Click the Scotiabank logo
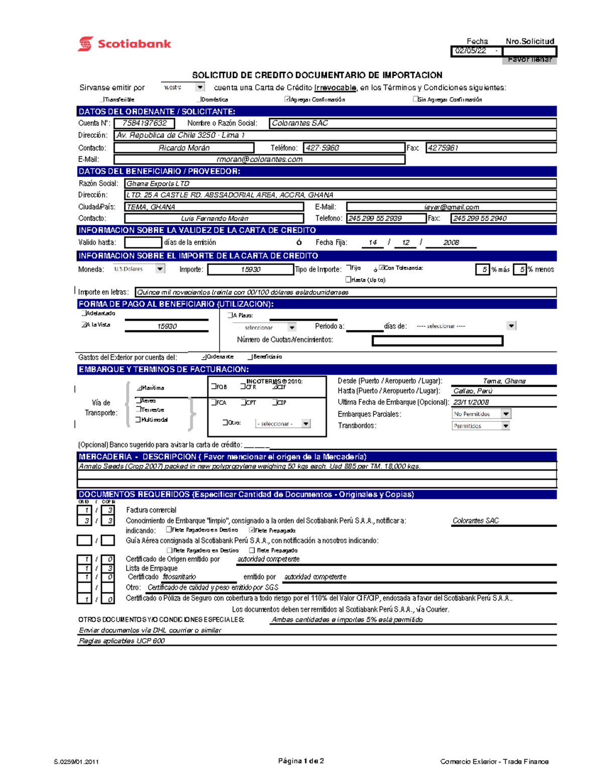(x=124, y=44)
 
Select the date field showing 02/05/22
(x=471, y=51)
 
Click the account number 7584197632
(x=144, y=123)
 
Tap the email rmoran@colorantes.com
(x=259, y=159)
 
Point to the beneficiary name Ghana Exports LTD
(x=158, y=184)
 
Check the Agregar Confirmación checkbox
(x=287, y=99)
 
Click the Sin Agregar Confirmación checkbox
(x=416, y=99)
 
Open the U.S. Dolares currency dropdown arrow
(x=160, y=269)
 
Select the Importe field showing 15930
(x=250, y=270)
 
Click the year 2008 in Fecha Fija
(x=451, y=242)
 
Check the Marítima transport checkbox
(x=139, y=388)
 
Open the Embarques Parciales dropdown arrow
(x=506, y=414)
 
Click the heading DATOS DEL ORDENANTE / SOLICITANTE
(x=157, y=112)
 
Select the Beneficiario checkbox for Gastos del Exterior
(x=250, y=357)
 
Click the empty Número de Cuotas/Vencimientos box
(x=437, y=341)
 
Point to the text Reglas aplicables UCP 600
(x=122, y=641)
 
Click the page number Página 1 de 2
(x=301, y=761)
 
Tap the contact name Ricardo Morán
(x=184, y=148)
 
